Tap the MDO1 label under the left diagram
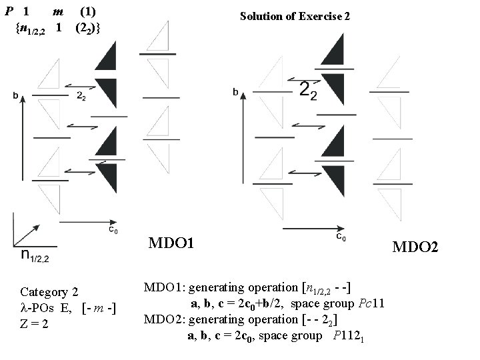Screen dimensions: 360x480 [x=171, y=243]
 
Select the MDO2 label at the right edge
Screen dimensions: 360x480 [x=415, y=247]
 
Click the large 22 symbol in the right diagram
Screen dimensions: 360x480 [x=308, y=91]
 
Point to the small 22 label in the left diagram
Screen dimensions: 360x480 [x=81, y=96]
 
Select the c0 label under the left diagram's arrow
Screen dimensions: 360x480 [x=114, y=230]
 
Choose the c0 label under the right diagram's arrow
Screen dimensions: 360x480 [x=340, y=236]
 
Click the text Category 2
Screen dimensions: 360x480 [x=49, y=292]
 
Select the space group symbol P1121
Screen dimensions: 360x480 [x=347, y=335]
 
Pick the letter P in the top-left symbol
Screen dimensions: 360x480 [x=9, y=12]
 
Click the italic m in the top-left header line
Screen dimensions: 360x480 [x=59, y=12]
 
